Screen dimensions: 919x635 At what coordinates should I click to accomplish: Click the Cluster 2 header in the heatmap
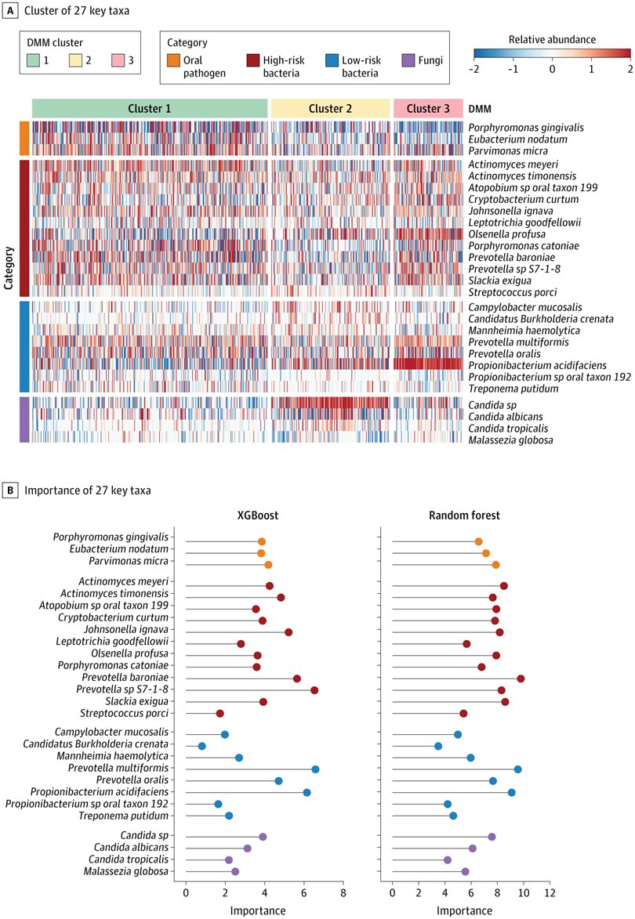(330, 108)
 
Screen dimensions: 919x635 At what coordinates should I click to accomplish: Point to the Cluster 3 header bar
(427, 108)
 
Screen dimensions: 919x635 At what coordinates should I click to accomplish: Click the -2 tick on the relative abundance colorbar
(474, 69)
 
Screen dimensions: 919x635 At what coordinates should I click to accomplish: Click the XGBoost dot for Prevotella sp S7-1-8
(314, 690)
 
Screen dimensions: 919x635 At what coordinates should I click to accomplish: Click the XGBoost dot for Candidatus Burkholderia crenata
(201, 746)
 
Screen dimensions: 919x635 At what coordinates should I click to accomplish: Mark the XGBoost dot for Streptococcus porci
(220, 714)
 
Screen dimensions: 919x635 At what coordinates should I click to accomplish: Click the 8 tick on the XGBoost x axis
(343, 892)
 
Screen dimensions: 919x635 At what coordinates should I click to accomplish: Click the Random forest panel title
(470, 517)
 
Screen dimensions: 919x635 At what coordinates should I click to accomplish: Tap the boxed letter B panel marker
(9, 490)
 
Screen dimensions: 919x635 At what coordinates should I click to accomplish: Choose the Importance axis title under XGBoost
(258, 910)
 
